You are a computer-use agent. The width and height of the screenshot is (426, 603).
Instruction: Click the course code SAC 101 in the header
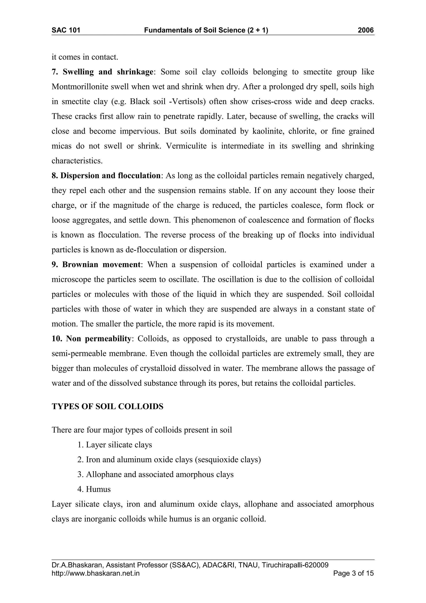66,30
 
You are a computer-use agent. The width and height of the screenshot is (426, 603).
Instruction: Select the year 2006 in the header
366,30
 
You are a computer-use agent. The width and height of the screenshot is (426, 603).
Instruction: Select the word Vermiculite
186,146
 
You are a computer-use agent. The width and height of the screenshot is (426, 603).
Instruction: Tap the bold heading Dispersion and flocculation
106,176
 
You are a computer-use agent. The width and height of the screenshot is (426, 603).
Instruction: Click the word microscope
71,279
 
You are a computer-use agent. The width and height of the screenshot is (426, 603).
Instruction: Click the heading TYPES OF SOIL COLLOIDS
107,407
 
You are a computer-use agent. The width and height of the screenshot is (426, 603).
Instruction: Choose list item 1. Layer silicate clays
115,445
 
